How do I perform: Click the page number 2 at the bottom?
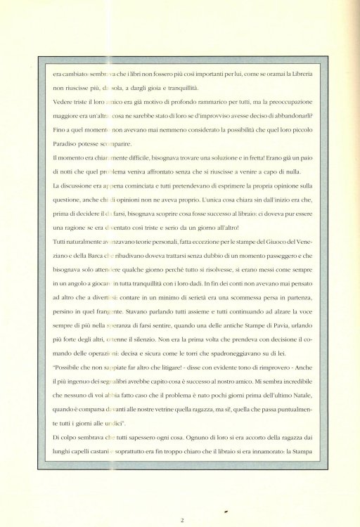[181, 500]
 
